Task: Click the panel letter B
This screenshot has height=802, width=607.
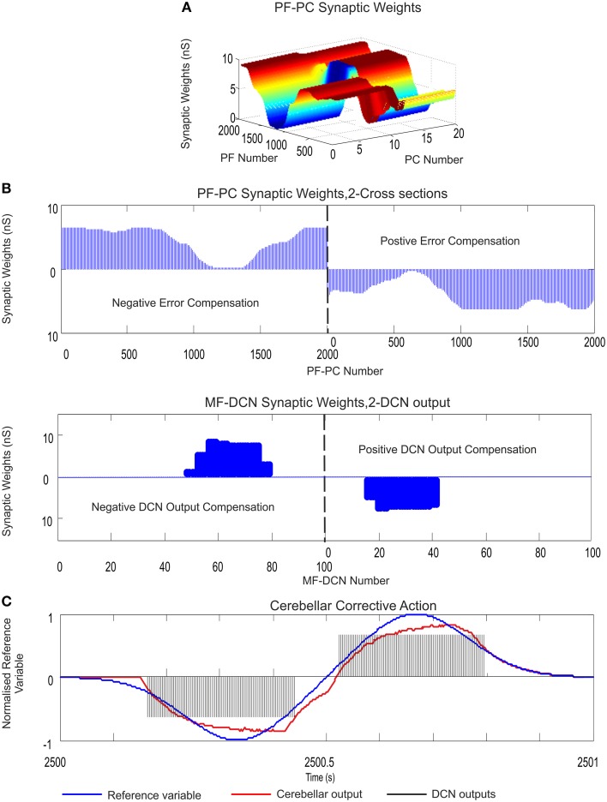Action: coord(7,184)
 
